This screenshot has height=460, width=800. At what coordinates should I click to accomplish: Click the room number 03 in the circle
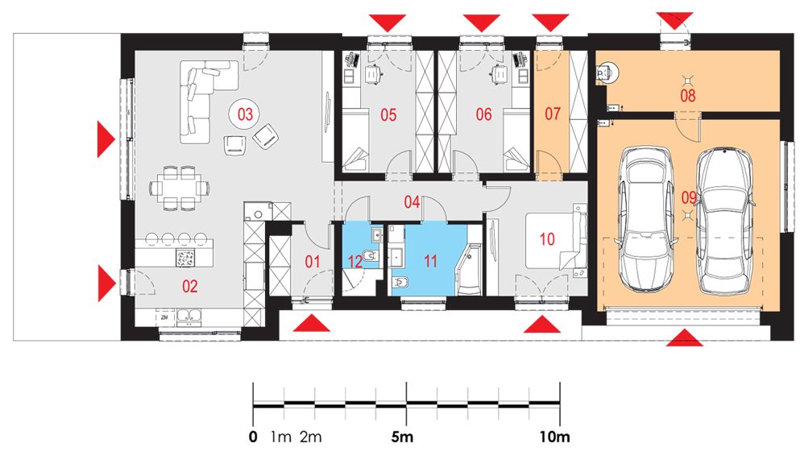click(x=246, y=114)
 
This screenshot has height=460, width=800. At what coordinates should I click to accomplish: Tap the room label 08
click(x=688, y=95)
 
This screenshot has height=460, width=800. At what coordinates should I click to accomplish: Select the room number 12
click(x=355, y=262)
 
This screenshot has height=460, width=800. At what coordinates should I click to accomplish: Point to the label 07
click(x=553, y=114)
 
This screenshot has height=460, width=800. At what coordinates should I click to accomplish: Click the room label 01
click(x=313, y=262)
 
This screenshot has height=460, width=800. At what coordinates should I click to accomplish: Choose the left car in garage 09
click(x=644, y=218)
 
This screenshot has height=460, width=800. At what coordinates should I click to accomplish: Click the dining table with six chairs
click(x=180, y=188)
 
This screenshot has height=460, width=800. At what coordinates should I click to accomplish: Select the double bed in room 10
click(x=556, y=240)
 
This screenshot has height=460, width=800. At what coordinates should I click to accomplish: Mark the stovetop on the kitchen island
click(x=186, y=258)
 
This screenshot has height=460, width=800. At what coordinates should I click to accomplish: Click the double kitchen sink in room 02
click(x=188, y=317)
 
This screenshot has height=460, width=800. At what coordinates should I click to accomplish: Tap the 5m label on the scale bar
click(x=402, y=437)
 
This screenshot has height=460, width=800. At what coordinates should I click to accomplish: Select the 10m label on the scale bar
click(x=555, y=437)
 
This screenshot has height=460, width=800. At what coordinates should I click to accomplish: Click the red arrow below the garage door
click(x=684, y=338)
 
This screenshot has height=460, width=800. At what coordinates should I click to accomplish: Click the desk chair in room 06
click(x=498, y=74)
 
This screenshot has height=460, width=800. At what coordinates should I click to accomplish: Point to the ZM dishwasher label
click(x=164, y=317)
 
